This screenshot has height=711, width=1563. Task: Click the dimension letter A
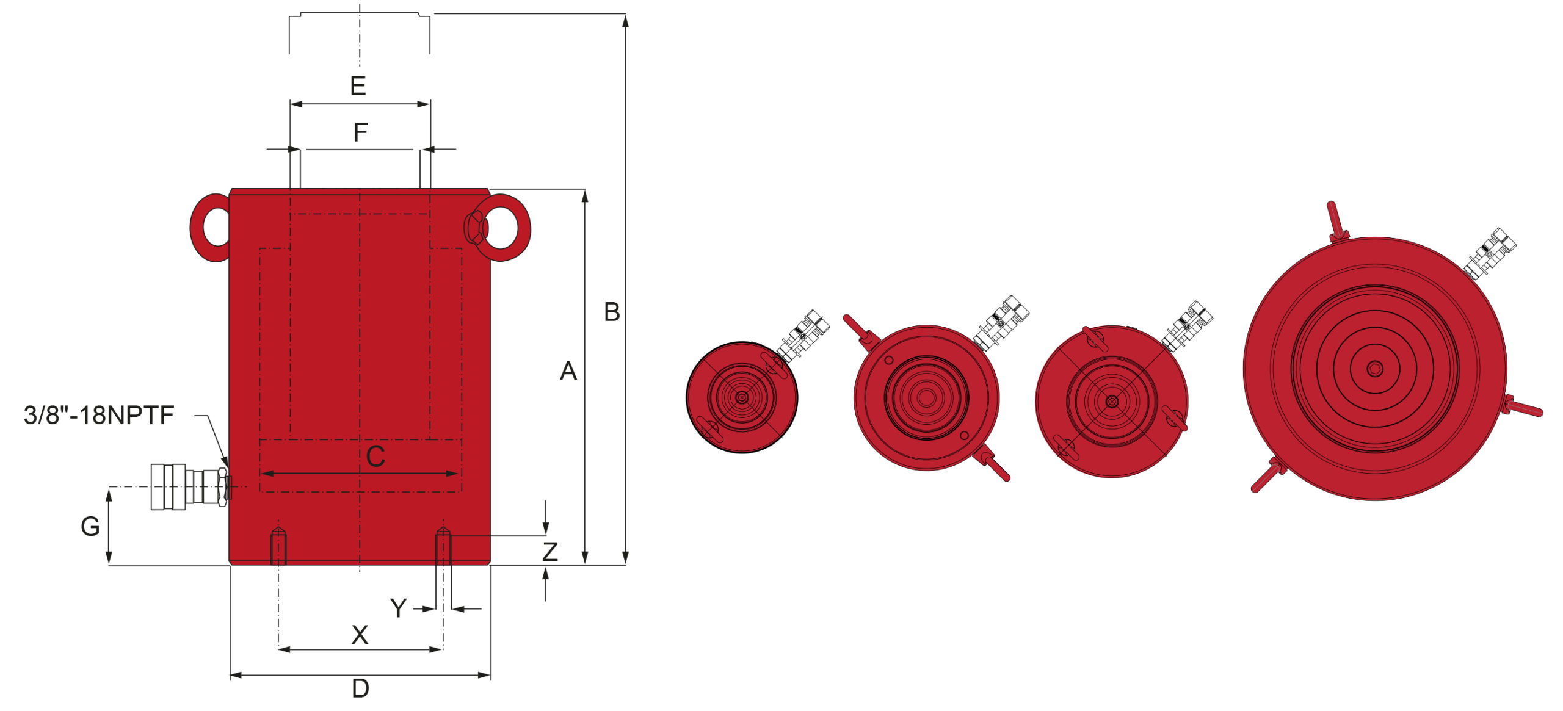pos(568,371)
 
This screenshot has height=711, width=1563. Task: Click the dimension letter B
pos(612,312)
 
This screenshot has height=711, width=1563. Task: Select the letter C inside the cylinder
pos(375,457)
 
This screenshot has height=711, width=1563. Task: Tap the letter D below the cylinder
pos(361,688)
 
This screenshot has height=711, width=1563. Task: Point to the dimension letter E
pos(358,85)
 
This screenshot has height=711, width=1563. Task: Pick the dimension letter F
pos(361,132)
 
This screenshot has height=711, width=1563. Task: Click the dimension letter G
pos(90,526)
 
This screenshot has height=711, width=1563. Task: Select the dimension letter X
pos(360,635)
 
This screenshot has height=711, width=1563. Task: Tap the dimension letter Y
pos(398,608)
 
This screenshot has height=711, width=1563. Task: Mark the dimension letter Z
pos(550,552)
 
